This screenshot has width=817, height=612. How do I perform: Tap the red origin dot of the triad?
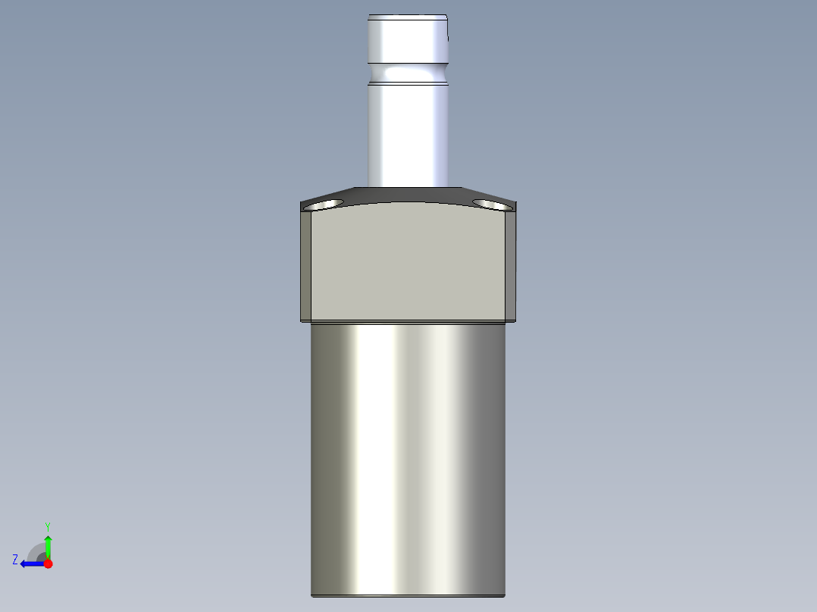coord(48,564)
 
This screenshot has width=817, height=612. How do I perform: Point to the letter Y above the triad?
coord(47,526)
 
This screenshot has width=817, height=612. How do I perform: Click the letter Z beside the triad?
coord(15,560)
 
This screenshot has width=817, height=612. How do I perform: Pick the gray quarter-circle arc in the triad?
coord(36,551)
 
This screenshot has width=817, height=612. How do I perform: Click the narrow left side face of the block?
coord(305,265)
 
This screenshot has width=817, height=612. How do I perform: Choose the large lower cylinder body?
coord(408,454)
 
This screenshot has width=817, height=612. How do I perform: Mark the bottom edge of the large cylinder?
coord(408,595)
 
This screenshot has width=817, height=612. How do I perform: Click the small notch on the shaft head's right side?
coord(449,34)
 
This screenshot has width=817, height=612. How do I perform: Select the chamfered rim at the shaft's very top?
coord(408,16)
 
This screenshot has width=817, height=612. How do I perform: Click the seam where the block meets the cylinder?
coord(408,322)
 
